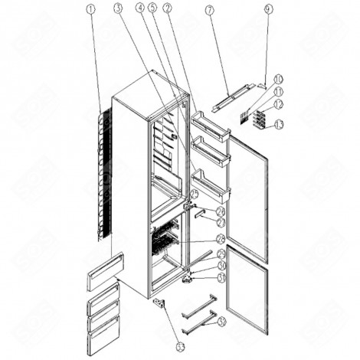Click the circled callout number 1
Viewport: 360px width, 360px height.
tap(92, 12)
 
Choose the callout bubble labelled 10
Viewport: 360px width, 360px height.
tap(277, 78)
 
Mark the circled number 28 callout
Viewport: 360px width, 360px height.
tap(221, 240)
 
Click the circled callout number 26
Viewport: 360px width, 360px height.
tap(220, 212)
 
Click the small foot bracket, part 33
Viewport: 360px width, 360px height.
tap(160, 304)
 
